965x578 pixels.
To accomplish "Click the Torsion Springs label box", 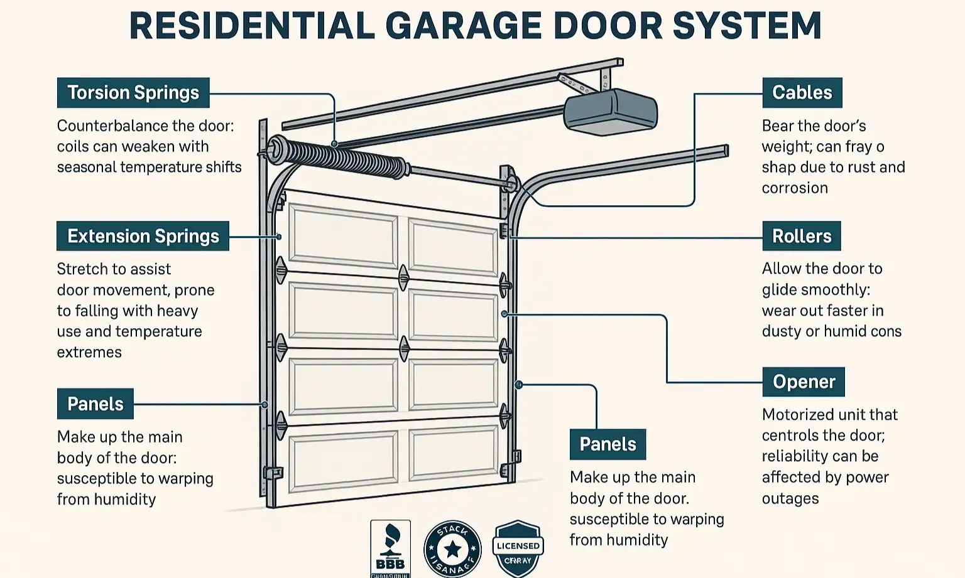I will (x=133, y=93).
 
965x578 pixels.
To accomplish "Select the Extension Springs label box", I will (x=143, y=236).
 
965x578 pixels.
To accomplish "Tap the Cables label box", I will (x=802, y=93).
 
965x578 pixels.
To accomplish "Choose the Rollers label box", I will (x=801, y=236).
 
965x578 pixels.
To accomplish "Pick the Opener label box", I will (x=804, y=382).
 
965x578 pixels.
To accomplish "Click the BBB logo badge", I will (x=390, y=548).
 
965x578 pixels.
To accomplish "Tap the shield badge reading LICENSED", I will (x=518, y=548).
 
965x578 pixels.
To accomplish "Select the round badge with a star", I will (x=452, y=549).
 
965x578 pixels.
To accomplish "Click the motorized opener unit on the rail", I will (x=610, y=112).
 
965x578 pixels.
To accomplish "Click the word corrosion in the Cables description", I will (x=795, y=188).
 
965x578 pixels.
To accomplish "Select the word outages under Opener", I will (x=790, y=499).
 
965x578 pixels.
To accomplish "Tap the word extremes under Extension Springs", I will (x=89, y=353).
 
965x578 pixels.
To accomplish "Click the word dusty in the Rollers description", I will (x=781, y=331).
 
